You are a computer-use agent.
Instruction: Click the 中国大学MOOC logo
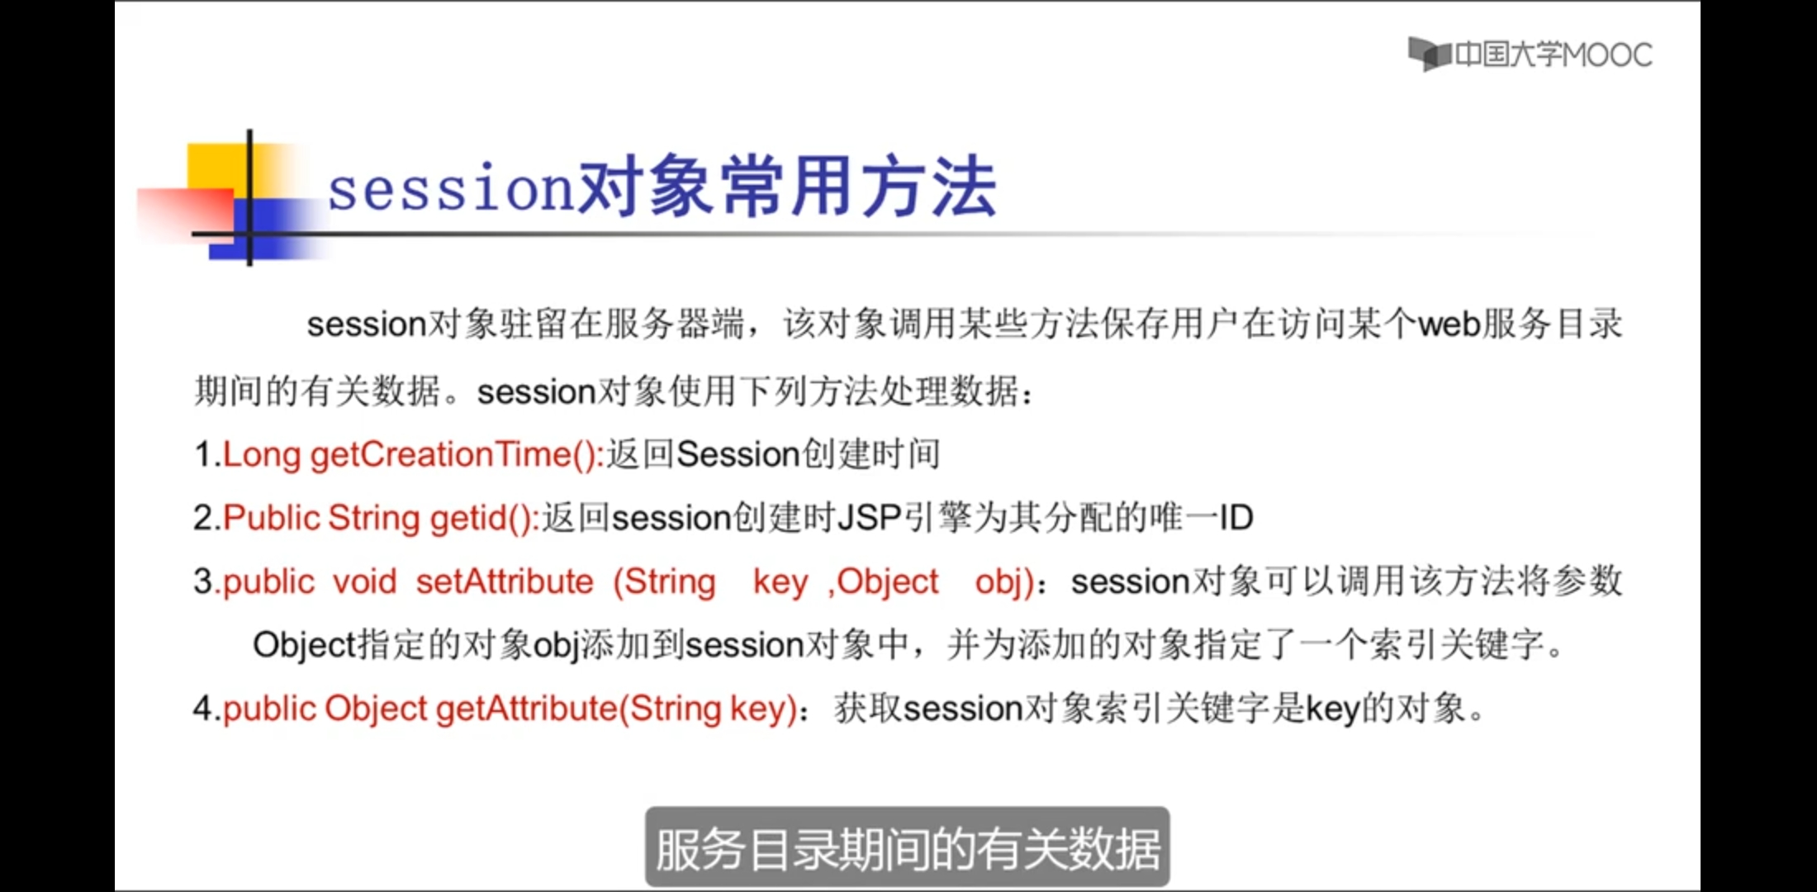point(1530,55)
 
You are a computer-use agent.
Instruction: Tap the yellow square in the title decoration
point(217,170)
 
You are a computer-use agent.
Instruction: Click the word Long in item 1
point(261,455)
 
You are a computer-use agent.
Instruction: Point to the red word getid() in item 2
point(485,519)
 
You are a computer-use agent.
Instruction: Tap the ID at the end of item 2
point(1236,518)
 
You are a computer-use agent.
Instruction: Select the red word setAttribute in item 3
point(505,581)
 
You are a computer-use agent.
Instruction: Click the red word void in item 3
point(364,581)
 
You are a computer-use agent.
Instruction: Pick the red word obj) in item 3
point(1004,582)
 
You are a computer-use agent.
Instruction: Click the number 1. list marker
point(207,455)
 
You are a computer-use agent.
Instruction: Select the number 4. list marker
point(207,709)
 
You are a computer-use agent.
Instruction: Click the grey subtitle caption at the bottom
point(907,848)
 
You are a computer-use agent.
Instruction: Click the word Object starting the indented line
point(304,645)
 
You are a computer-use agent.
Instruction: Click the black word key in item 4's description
point(1332,709)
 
